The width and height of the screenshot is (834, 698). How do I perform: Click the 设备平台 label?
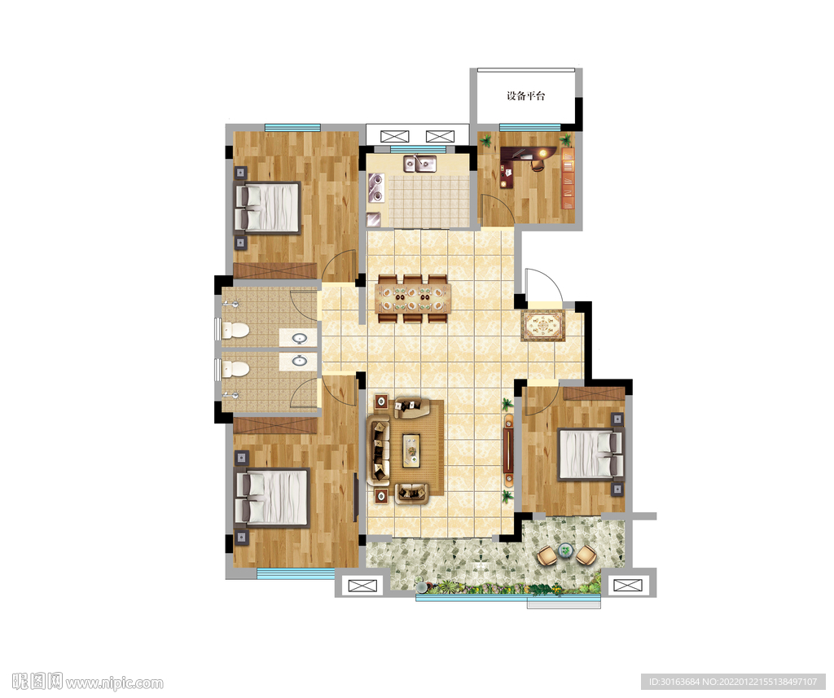click(525, 96)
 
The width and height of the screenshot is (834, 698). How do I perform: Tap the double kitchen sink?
click(419, 164)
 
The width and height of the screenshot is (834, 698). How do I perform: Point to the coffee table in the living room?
click(411, 450)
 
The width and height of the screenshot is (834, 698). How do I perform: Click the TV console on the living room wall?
click(509, 450)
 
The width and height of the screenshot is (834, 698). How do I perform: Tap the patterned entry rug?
click(542, 326)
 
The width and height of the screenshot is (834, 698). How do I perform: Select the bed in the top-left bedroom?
click(267, 208)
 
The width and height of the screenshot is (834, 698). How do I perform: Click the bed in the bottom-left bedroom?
click(272, 498)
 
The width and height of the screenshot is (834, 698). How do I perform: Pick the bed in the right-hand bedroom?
click(590, 454)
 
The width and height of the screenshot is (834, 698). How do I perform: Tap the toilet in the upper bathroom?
click(235, 331)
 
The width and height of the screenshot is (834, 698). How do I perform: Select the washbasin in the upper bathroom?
click(300, 338)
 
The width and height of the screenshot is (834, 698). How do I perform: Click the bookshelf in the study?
click(568, 178)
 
